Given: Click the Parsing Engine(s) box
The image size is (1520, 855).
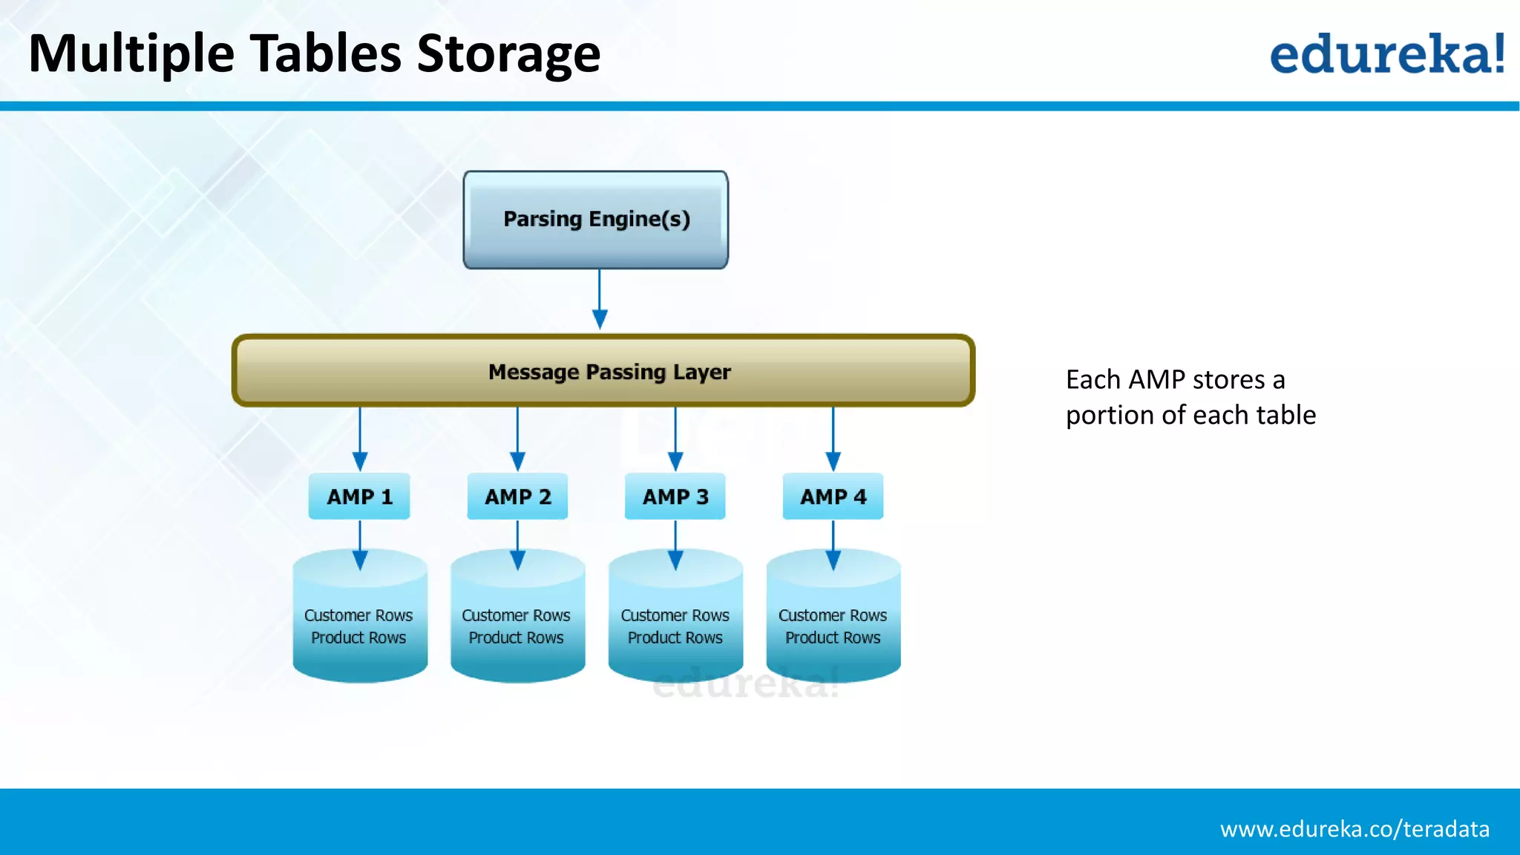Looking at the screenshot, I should (596, 220).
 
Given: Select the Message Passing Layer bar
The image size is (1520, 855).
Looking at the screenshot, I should (603, 371).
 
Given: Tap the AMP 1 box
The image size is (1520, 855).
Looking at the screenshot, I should (359, 497).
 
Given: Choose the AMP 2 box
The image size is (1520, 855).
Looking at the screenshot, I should (517, 497).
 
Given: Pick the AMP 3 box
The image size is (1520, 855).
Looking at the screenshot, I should (675, 497).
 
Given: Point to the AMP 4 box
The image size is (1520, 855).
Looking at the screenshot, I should (833, 497).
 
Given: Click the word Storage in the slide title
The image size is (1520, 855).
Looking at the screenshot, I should (508, 55).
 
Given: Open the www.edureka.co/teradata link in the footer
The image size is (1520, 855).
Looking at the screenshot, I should (1354, 829).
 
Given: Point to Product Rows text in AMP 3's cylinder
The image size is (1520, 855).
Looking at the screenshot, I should (675, 638).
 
